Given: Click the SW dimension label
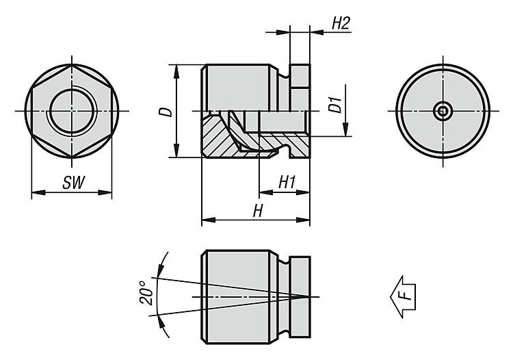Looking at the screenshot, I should click(x=71, y=183).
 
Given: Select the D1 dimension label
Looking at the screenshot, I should click(x=334, y=105).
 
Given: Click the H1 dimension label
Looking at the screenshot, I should click(x=287, y=182).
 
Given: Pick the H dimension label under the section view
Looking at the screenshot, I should click(x=257, y=211).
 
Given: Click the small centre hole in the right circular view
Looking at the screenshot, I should click(x=443, y=111).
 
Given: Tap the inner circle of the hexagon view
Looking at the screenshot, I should click(x=71, y=111).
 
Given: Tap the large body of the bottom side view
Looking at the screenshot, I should click(x=239, y=296).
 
